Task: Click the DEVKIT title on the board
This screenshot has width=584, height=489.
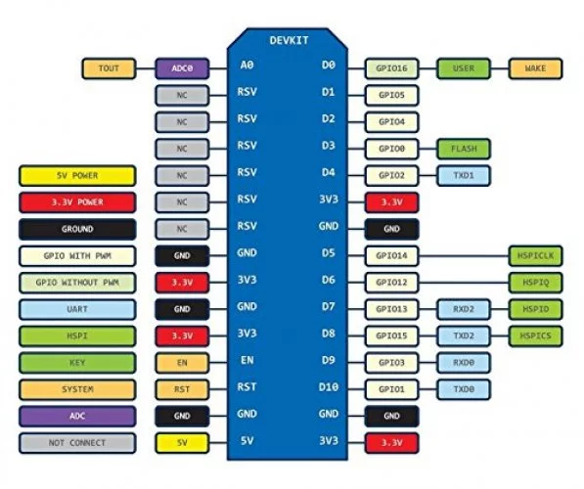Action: [289, 40]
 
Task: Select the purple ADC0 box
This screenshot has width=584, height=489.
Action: [182, 68]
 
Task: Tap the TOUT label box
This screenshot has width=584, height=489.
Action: [109, 68]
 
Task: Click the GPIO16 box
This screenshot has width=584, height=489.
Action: [392, 68]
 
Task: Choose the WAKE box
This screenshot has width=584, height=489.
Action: [536, 68]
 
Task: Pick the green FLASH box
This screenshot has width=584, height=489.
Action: [464, 149]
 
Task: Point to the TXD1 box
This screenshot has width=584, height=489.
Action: [464, 175]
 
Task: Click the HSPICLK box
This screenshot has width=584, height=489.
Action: [536, 256]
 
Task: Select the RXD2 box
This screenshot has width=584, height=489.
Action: [464, 309]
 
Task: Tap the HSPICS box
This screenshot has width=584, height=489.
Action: [536, 335]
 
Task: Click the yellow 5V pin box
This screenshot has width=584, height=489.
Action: [182, 443]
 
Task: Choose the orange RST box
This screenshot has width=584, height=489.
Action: [182, 389]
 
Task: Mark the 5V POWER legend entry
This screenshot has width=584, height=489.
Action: [77, 176]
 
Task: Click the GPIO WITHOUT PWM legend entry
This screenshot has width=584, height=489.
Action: [77, 283]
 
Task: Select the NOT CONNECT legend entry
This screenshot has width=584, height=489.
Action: [77, 443]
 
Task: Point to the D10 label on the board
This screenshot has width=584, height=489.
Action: [328, 387]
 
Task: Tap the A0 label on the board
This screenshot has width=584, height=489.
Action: [247, 66]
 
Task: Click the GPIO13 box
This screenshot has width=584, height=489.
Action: [392, 309]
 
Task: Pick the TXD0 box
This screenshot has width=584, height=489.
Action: [464, 389]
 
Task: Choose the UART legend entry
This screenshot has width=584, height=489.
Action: [77, 309]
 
